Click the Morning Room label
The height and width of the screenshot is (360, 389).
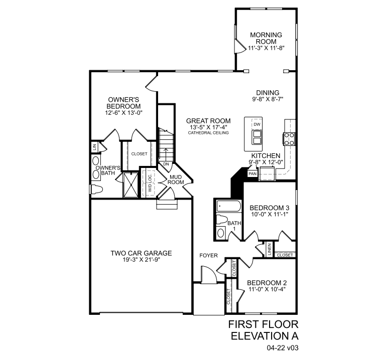266,38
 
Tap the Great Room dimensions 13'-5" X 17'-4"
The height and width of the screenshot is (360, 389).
208,127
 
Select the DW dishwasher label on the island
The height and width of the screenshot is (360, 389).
257,124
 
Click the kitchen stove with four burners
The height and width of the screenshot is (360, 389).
289,139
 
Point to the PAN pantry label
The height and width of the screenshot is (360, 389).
252,173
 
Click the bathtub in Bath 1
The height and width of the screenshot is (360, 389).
228,206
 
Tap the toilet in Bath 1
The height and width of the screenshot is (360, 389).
222,220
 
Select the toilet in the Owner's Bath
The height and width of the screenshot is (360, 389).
97,190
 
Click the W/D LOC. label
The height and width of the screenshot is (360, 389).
150,183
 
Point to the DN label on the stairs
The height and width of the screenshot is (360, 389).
166,164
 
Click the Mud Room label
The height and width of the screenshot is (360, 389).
176,179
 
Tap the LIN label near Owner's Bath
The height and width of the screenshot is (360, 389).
94,147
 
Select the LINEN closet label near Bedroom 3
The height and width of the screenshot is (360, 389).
270,249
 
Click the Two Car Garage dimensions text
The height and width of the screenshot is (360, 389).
141,260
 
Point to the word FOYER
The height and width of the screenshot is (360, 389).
209,255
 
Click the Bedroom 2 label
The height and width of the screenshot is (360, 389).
267,283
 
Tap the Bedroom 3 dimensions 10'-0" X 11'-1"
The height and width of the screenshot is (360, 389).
270,214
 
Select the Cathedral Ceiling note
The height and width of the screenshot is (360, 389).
208,133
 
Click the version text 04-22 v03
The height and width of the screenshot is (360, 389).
283,348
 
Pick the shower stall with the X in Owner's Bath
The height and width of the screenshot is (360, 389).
131,185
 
